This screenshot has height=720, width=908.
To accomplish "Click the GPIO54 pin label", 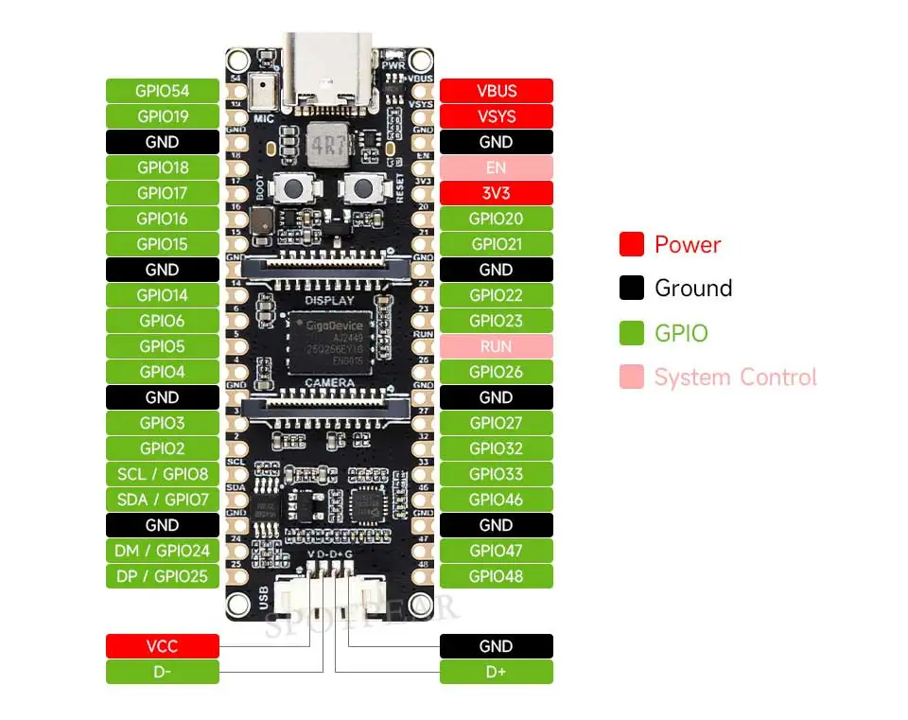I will click(x=163, y=91).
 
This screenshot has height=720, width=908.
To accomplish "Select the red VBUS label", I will click(x=497, y=91).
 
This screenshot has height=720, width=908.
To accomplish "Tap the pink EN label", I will click(x=497, y=167).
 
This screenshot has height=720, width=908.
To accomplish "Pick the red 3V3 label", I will click(x=497, y=193).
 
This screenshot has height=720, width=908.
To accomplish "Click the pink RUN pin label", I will click(x=497, y=346).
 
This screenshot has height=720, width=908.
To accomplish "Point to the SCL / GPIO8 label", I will click(x=163, y=474).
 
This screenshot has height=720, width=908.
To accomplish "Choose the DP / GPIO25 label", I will click(x=163, y=576).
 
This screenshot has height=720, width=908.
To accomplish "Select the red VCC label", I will click(x=163, y=646).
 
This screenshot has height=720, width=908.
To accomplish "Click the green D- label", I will click(x=163, y=672).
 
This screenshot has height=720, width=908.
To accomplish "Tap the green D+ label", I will click(x=497, y=672).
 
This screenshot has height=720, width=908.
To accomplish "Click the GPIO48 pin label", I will click(x=497, y=576).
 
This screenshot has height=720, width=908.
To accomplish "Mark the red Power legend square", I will click(x=632, y=244).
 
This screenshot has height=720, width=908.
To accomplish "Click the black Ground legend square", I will click(x=632, y=289).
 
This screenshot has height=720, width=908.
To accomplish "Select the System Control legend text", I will click(x=735, y=378).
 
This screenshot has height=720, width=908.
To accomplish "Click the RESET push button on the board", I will click(x=360, y=187).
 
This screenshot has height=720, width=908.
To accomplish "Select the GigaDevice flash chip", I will click(x=329, y=338).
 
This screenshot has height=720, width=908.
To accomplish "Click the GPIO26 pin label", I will click(x=497, y=372).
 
